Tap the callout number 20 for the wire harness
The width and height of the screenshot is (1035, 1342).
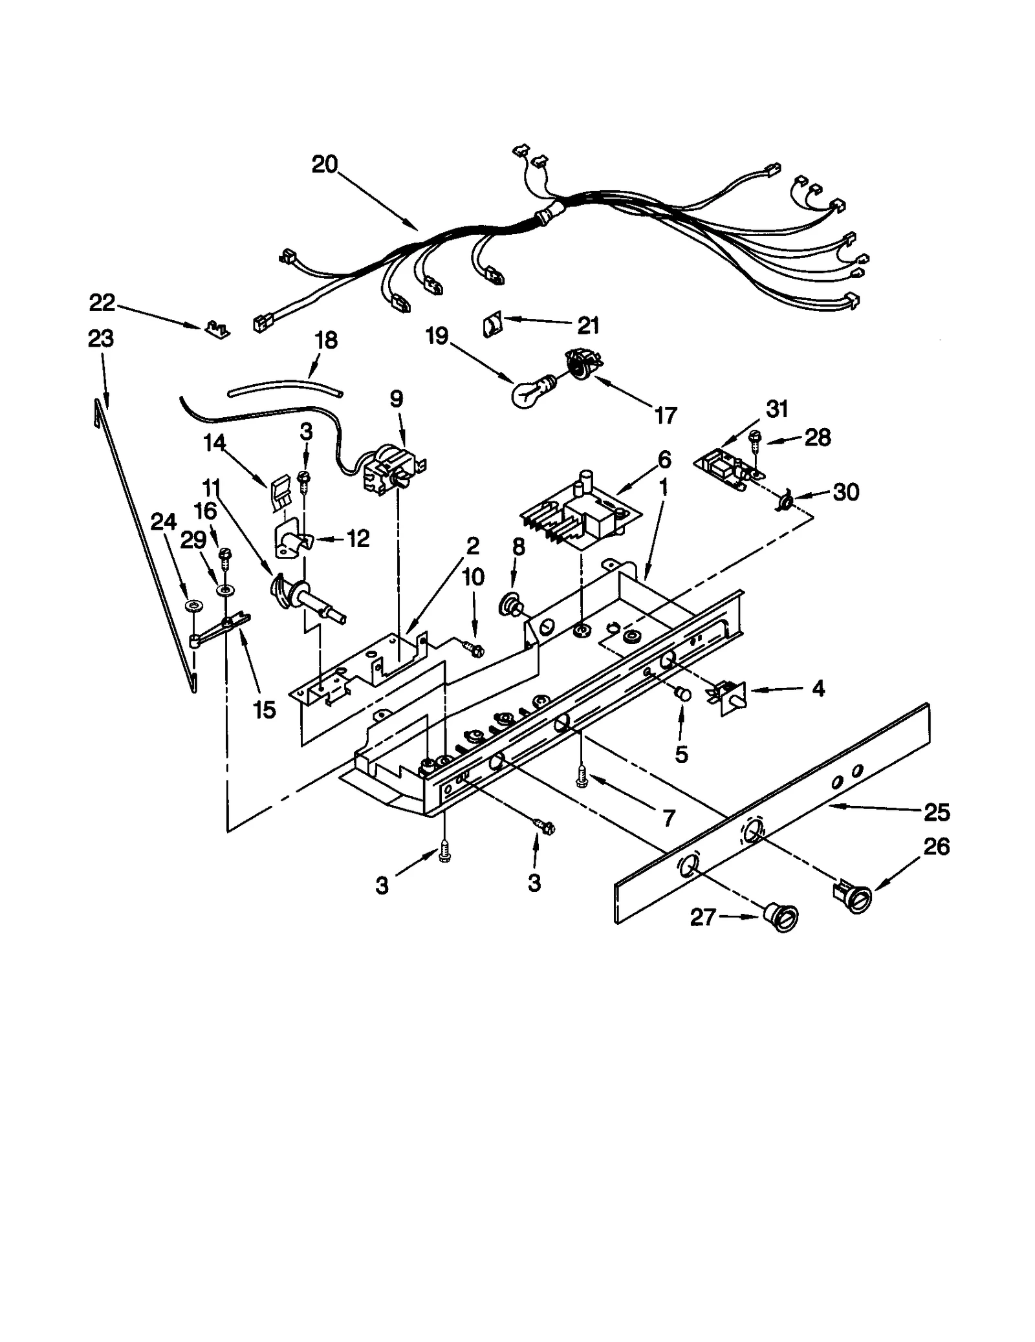pyautogui.click(x=325, y=165)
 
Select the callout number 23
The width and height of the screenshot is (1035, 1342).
pyautogui.click(x=101, y=338)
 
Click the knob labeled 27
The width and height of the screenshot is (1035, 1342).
pyautogui.click(x=781, y=917)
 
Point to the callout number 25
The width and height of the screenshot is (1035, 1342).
pyautogui.click(x=937, y=812)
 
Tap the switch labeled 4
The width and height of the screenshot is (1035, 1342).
pyautogui.click(x=730, y=695)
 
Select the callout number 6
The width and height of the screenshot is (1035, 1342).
pyautogui.click(x=664, y=459)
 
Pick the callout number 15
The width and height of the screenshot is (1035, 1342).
pyautogui.click(x=265, y=710)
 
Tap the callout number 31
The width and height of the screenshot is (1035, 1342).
pyautogui.click(x=777, y=409)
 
